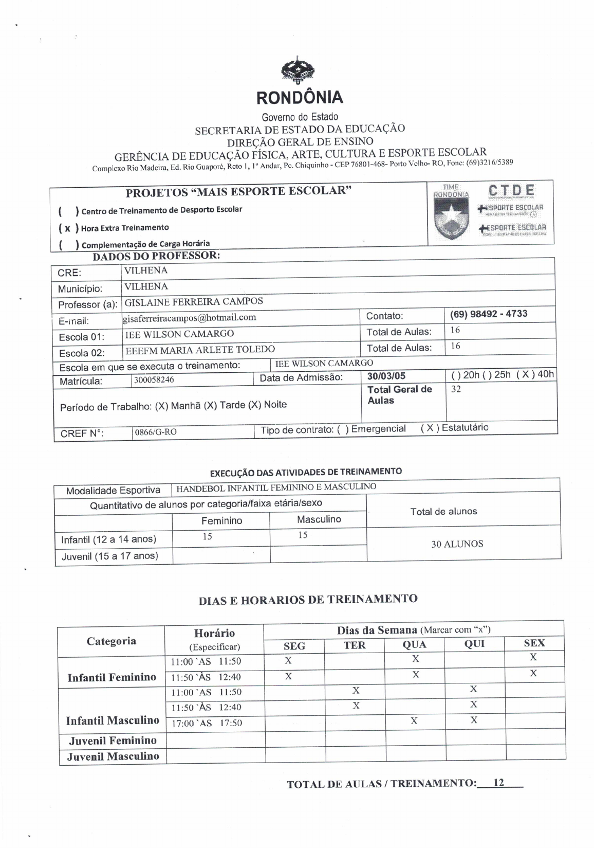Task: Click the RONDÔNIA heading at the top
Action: click(300, 97)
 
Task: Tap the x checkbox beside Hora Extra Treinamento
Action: click(67, 228)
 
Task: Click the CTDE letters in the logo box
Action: click(511, 190)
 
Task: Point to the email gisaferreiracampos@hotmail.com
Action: click(189, 317)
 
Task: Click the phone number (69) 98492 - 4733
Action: click(488, 314)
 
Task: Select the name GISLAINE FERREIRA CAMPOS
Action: click(194, 301)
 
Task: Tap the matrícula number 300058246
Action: click(154, 380)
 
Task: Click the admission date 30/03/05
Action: click(386, 376)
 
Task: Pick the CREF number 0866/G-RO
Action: click(155, 432)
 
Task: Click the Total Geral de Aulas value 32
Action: click(456, 389)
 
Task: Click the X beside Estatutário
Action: click(430, 428)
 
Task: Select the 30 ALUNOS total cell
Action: click(457, 544)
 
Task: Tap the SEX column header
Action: click(534, 643)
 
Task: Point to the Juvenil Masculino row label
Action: click(113, 756)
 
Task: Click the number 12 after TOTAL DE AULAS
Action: click(498, 783)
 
